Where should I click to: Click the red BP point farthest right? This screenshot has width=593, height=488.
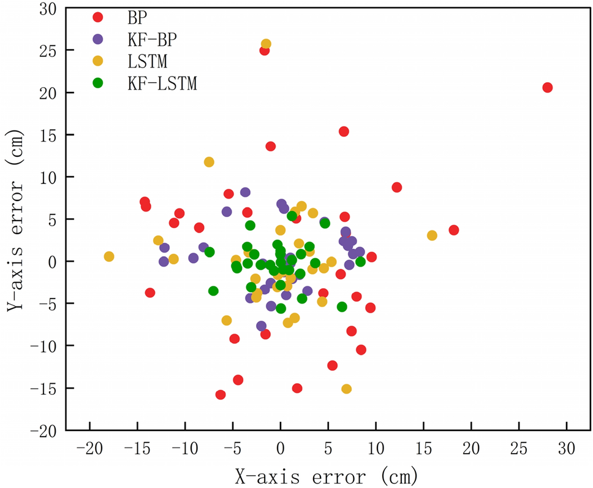[x=547, y=88]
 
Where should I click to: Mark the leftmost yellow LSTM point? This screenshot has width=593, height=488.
[x=109, y=256]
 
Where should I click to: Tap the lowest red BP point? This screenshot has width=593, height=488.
[x=221, y=395]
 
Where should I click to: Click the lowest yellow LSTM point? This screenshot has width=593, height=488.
[x=346, y=389]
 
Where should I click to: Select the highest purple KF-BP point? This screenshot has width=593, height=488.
[x=245, y=192]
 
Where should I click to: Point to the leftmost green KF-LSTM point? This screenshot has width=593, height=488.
[x=213, y=291]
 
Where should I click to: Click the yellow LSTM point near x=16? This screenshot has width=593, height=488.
[x=432, y=235]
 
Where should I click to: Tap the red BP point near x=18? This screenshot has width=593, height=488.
[x=453, y=230]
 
